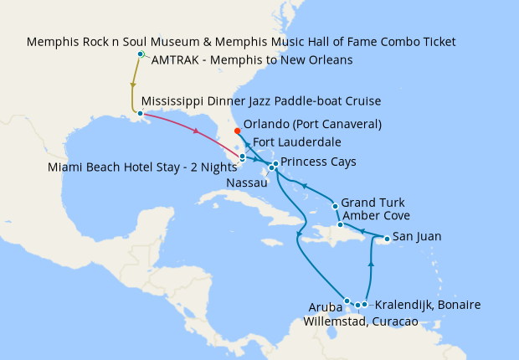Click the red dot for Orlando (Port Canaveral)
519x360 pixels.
click(237, 131)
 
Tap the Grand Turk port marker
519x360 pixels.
click(335, 205)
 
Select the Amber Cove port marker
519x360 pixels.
click(340, 224)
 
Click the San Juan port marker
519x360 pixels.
click(386, 239)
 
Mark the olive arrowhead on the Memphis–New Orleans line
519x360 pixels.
click(132, 85)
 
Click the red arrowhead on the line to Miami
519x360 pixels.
click(196, 131)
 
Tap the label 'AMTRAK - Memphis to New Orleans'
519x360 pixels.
click(252, 59)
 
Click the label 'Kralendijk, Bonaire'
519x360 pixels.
click(428, 305)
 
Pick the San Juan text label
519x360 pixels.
click(417, 237)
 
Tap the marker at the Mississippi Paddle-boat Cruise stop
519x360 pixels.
click(140, 112)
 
